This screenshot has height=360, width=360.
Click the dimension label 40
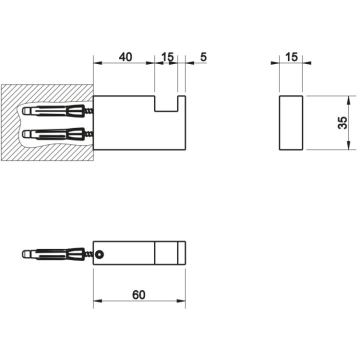point(125,57)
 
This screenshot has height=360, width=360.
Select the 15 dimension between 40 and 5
point(168,57)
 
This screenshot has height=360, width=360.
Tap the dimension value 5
point(203,57)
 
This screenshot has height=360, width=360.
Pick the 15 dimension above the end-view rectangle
point(291,57)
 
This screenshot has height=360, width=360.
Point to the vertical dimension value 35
point(342,123)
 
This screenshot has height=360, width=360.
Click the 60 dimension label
point(138,294)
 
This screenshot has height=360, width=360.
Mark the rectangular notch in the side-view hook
point(166,103)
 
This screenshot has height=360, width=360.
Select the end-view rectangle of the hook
point(291,122)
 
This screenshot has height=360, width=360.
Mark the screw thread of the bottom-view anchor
point(89,254)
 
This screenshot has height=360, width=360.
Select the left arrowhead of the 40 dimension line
point(97,63)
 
